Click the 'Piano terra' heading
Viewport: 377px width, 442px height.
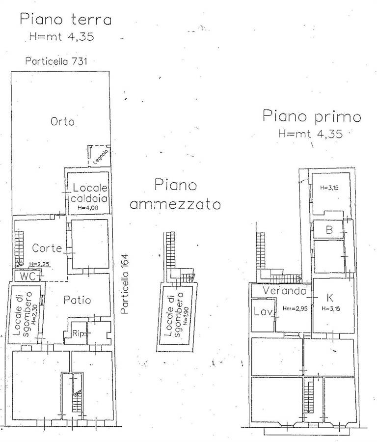(66, 20)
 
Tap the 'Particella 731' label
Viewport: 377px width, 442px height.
(56, 61)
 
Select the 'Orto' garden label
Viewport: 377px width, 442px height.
(62, 121)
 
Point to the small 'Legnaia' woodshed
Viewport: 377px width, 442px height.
(99, 156)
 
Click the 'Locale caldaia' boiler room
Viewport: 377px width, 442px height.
(88, 193)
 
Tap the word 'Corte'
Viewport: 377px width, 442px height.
(47, 248)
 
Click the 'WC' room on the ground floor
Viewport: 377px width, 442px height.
(27, 276)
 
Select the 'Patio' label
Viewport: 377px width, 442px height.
(77, 300)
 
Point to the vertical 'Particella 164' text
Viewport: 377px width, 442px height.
(124, 284)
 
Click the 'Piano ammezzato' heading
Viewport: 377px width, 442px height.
(175, 194)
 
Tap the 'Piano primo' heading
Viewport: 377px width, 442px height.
(312, 116)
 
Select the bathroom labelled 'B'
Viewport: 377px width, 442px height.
(328, 229)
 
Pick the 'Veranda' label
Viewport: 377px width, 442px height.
(284, 290)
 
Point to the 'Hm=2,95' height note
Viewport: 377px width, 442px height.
(295, 309)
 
